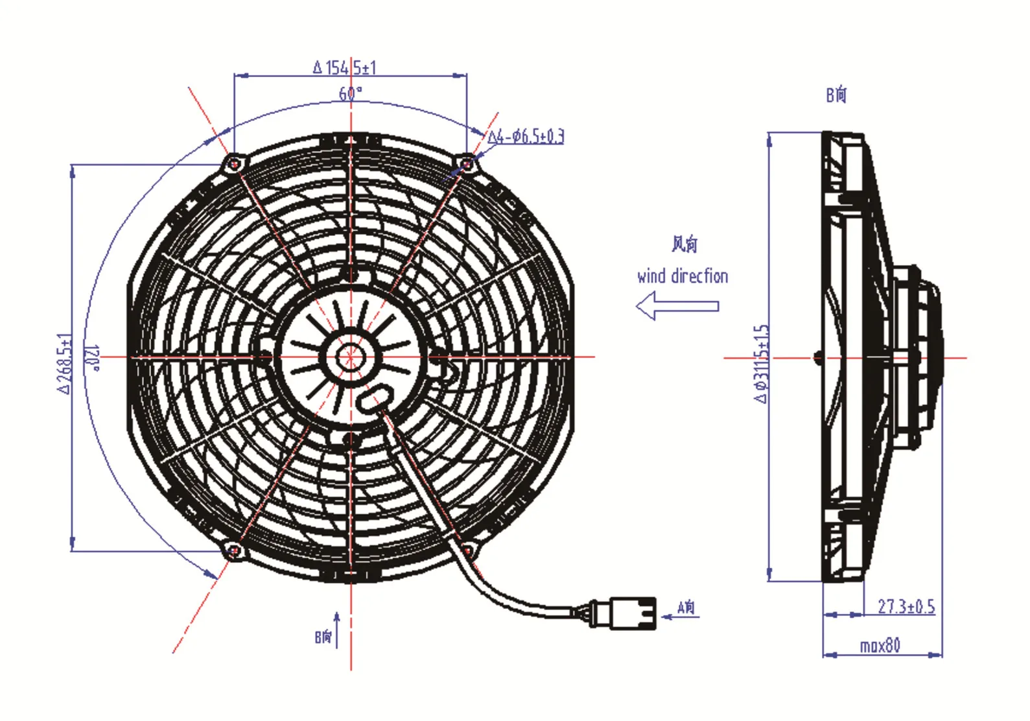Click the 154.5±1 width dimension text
pyautogui.click(x=344, y=67)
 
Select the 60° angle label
pyautogui.click(x=350, y=93)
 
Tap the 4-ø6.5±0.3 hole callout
pyautogui.click(x=525, y=136)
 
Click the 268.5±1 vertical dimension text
pyautogui.click(x=64, y=364)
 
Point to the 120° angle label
pyautogui.click(x=93, y=357)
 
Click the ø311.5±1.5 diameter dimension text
pyautogui.click(x=762, y=364)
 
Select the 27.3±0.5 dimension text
pyautogui.click(x=906, y=606)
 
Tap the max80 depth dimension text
pyautogui.click(x=880, y=645)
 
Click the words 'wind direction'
pyautogui.click(x=682, y=276)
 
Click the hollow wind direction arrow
pyautogui.click(x=677, y=305)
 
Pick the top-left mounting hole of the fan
pyautogui.click(x=234, y=164)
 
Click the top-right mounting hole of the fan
pyautogui.click(x=467, y=164)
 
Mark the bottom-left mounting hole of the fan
pyautogui.click(x=234, y=550)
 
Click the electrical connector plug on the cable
pyautogui.click(x=624, y=613)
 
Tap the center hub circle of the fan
pyautogui.click(x=350, y=357)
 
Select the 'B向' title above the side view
pyautogui.click(x=836, y=95)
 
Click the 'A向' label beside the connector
pyautogui.click(x=686, y=607)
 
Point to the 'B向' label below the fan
pyautogui.click(x=323, y=636)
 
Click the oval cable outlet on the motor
pyautogui.click(x=375, y=397)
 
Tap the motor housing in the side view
pyautogui.click(x=915, y=357)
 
